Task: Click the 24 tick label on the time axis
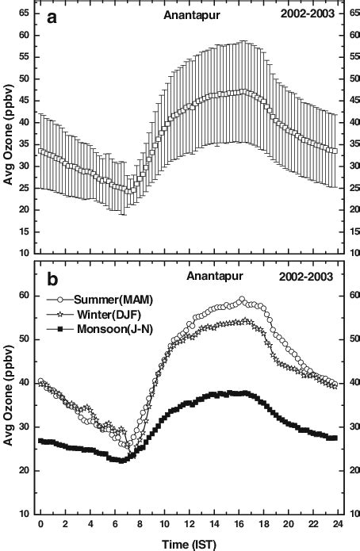[337, 525]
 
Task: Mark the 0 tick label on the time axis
[40, 525]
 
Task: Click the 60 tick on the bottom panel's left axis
[24, 296]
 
